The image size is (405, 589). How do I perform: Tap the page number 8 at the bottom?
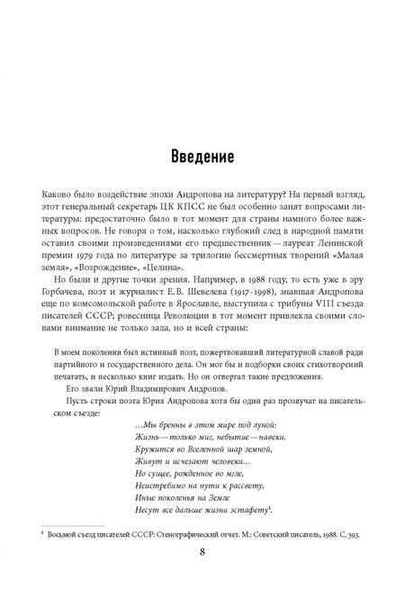(x=202, y=552)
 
